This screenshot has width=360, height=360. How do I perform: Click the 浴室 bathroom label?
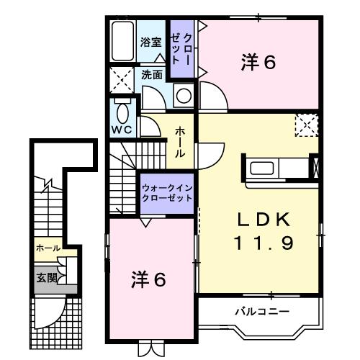pos(150,42)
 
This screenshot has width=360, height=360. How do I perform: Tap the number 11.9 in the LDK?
pos(262,243)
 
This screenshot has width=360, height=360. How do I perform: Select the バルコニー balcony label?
pos(261,312)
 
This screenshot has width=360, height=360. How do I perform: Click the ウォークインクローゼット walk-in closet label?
pos(167,192)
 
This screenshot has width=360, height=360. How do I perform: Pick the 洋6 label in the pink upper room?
pos(258,63)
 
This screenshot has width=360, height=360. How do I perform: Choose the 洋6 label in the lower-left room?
pos(149,279)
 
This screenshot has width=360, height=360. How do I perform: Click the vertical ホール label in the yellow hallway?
pos(179,143)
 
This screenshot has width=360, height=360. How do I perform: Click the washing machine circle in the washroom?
pos(184,94)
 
